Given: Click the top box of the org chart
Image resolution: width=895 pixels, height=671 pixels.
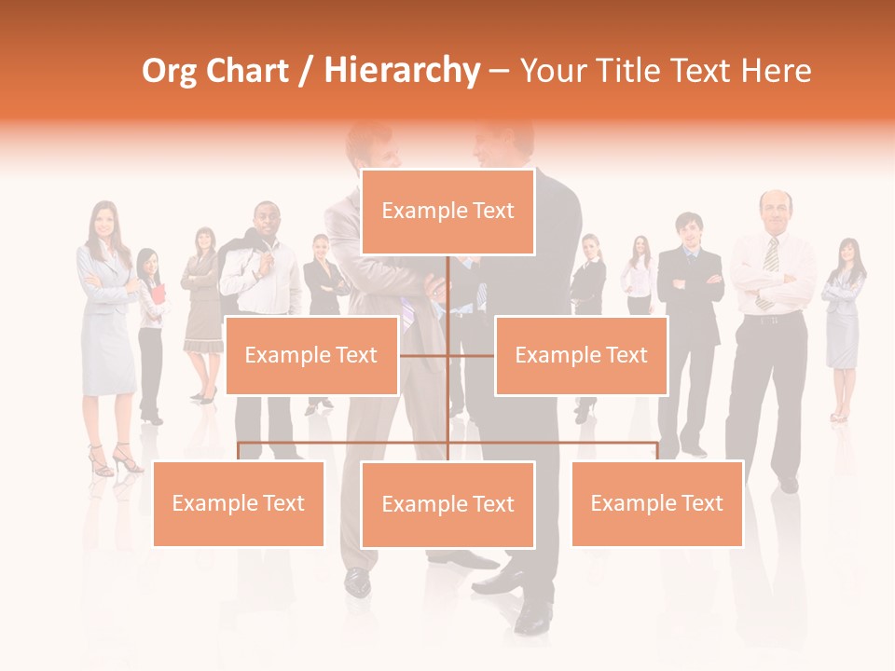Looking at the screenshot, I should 447,212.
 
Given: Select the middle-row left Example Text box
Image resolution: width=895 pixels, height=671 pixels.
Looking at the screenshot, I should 311,355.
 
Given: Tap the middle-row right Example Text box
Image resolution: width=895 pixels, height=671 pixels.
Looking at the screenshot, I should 581,355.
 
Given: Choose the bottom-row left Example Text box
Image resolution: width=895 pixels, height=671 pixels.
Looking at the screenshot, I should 238,503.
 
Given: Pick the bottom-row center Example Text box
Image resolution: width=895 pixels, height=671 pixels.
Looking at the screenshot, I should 447,504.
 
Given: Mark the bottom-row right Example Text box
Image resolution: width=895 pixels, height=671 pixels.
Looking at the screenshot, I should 656,503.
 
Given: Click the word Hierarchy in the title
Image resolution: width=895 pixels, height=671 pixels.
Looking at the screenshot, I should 402,71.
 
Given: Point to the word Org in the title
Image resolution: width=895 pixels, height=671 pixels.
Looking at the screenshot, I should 169,71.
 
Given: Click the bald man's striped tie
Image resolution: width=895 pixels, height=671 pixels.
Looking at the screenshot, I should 770,261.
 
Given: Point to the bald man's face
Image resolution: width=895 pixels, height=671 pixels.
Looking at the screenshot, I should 774,211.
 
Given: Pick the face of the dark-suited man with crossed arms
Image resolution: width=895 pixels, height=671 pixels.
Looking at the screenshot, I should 689,230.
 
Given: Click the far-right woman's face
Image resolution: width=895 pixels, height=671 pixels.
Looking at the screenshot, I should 847,253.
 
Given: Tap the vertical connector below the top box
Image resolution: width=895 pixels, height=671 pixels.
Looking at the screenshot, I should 448,289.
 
